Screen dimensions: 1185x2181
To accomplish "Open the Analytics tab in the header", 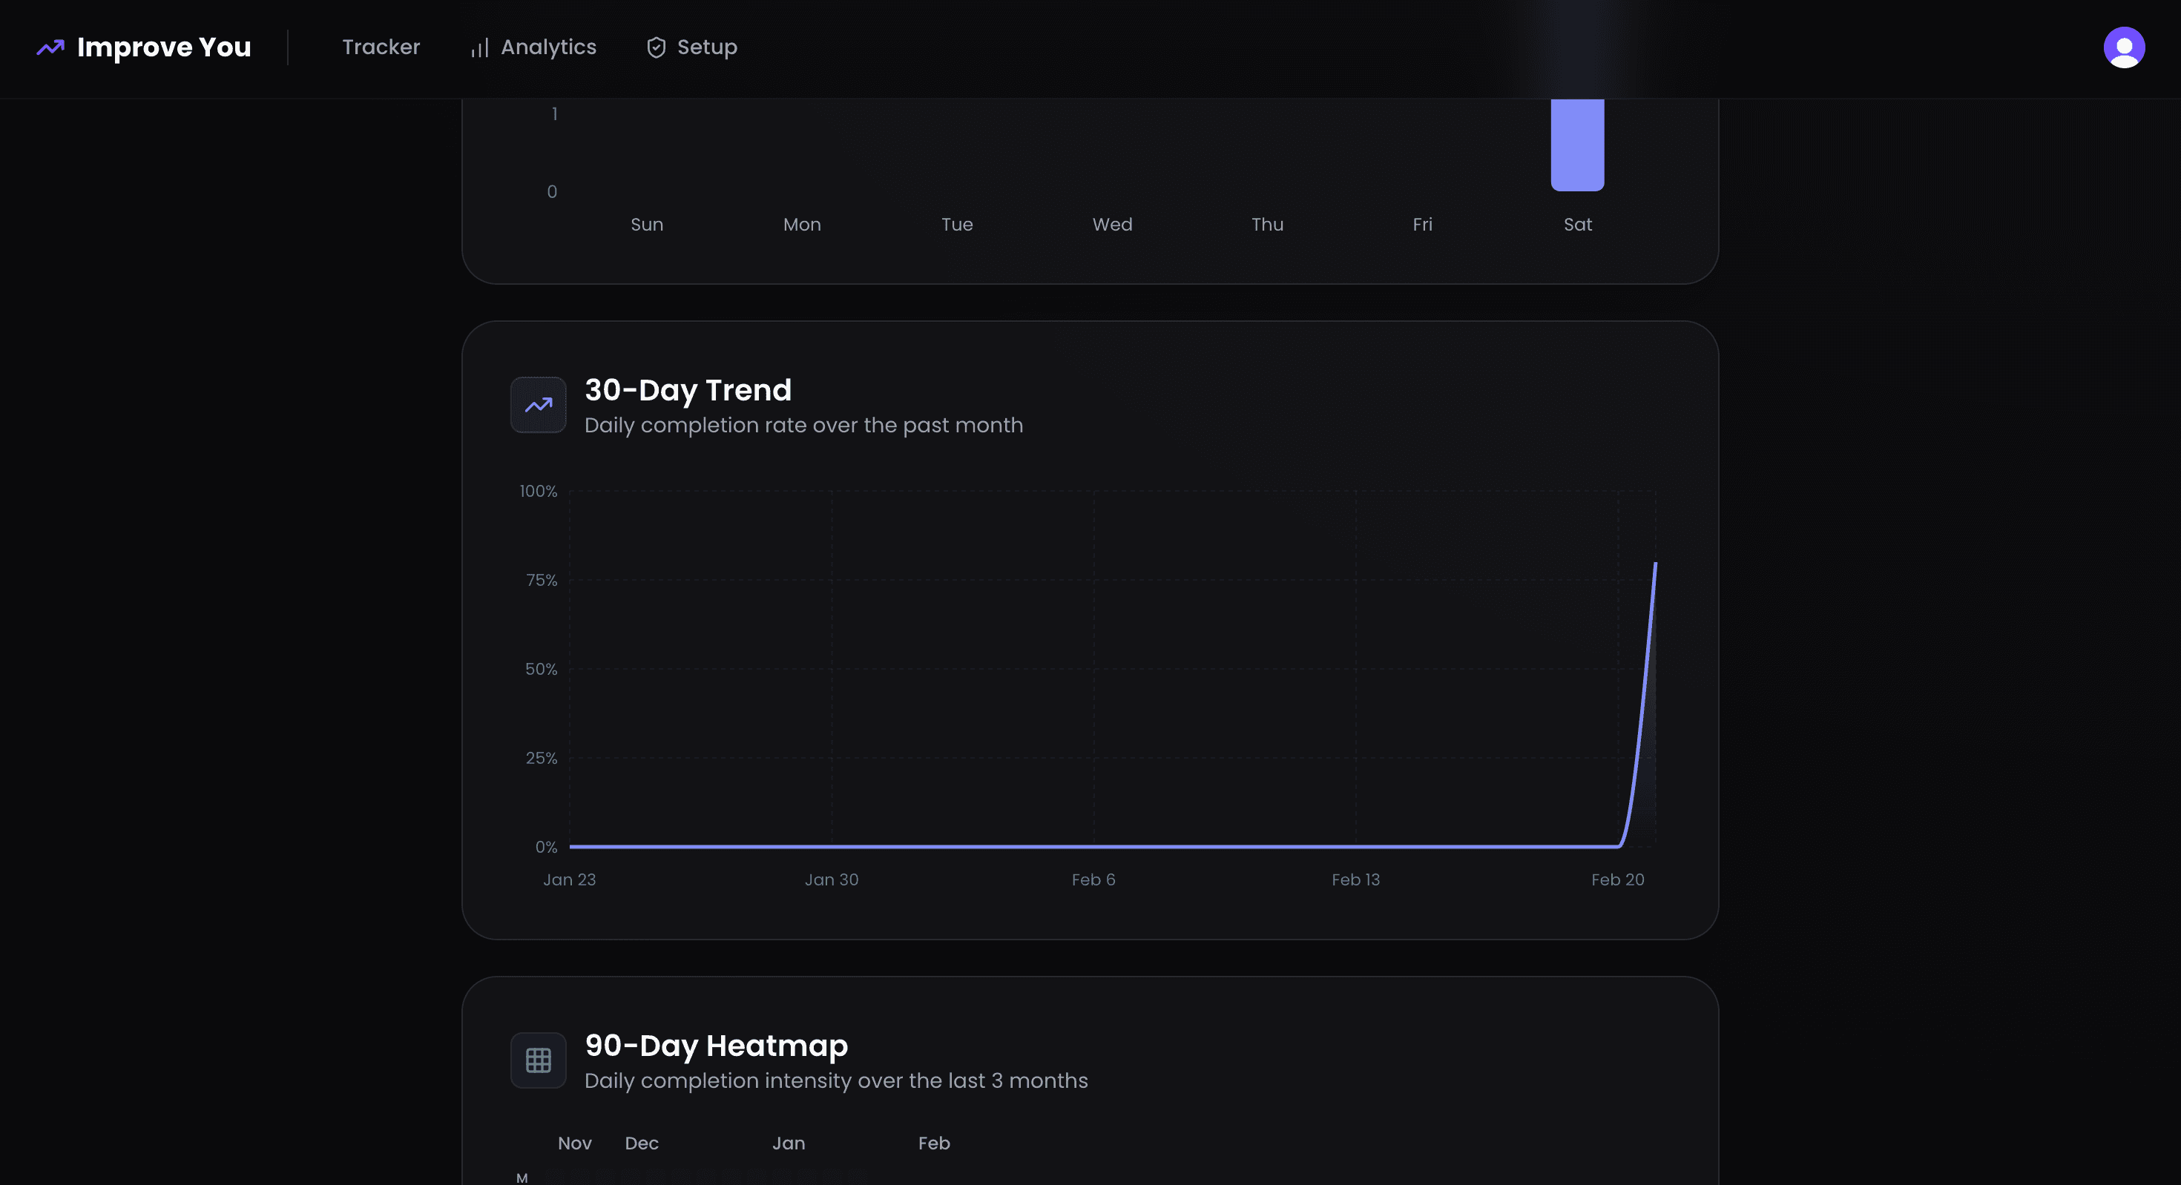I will (x=534, y=47).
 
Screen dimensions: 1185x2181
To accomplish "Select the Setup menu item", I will (x=693, y=47).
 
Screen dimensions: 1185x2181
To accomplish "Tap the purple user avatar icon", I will (x=2123, y=47).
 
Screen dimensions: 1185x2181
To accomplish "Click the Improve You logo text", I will (x=163, y=47).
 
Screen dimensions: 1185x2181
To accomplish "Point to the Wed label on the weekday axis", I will (x=1112, y=224).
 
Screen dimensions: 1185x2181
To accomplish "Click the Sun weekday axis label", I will (x=647, y=224).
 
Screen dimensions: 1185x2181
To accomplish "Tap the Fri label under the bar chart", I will (x=1422, y=224).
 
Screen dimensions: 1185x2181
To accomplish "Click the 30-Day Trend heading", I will (x=688, y=390).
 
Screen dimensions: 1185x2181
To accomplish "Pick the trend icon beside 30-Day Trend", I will (x=539, y=405).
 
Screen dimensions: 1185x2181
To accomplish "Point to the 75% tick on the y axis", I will (x=541, y=580).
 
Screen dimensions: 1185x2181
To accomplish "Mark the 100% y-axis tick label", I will (x=539, y=491).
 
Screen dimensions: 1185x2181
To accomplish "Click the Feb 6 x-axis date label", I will (x=1093, y=879).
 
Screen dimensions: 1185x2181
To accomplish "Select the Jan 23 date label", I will (x=569, y=879).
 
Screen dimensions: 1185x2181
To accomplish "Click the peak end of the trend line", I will (x=1655, y=564).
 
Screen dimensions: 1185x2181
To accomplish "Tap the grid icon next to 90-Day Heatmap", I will (x=539, y=1060).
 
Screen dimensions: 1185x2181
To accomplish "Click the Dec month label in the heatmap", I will (x=642, y=1143).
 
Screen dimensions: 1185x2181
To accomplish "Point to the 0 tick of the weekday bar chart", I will (x=552, y=192).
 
